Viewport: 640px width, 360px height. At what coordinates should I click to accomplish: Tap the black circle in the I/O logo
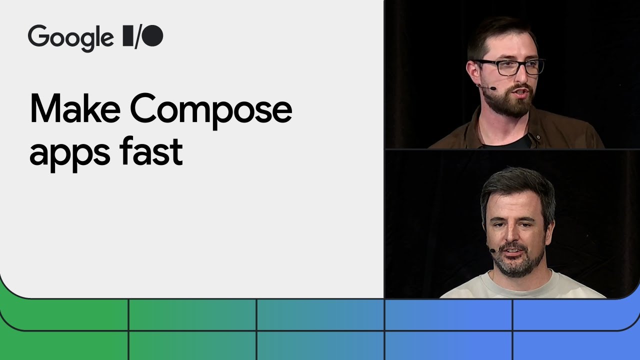[x=154, y=36]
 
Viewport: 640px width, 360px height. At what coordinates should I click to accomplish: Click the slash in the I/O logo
[x=137, y=36]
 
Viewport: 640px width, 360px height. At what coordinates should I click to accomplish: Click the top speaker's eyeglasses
[x=507, y=67]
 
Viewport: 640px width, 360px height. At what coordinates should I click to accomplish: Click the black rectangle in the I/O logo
[x=127, y=36]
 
